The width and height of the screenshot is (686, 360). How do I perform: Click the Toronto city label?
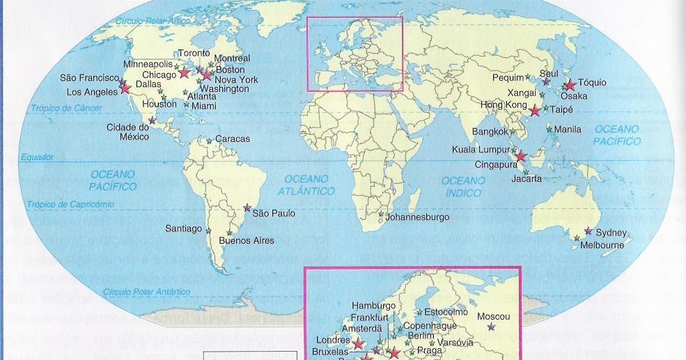pyautogui.click(x=194, y=54)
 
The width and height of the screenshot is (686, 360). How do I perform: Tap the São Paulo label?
pyautogui.click(x=273, y=213)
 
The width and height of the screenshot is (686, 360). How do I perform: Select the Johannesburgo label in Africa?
pyautogui.click(x=418, y=217)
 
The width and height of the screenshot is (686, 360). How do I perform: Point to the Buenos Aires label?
pyautogui.click(x=247, y=241)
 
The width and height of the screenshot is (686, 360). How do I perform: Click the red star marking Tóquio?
pyautogui.click(x=570, y=85)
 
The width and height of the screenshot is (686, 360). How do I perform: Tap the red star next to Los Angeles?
pyautogui.click(x=125, y=88)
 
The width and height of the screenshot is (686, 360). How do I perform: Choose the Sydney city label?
pyautogui.click(x=611, y=233)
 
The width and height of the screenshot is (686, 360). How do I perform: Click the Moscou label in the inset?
pyautogui.click(x=494, y=317)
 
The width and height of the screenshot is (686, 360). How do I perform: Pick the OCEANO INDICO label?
pyautogui.click(x=463, y=187)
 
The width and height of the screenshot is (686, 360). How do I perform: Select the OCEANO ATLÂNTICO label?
pyautogui.click(x=306, y=185)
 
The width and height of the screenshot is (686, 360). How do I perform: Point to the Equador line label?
pyautogui.click(x=37, y=158)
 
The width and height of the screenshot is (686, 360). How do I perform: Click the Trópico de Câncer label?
pyautogui.click(x=66, y=109)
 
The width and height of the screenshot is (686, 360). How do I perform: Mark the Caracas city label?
pyautogui.click(x=232, y=139)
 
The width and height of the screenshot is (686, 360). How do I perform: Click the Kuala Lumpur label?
pyautogui.click(x=480, y=149)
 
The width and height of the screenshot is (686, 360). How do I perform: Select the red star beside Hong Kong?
pyautogui.click(x=535, y=110)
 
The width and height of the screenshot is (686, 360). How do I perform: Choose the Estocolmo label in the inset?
pyautogui.click(x=446, y=312)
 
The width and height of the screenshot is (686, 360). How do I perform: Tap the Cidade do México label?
pyautogui.click(x=128, y=132)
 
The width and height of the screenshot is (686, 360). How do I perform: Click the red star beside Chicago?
pyautogui.click(x=185, y=72)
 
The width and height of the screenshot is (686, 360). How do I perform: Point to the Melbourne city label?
pyautogui.click(x=603, y=245)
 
